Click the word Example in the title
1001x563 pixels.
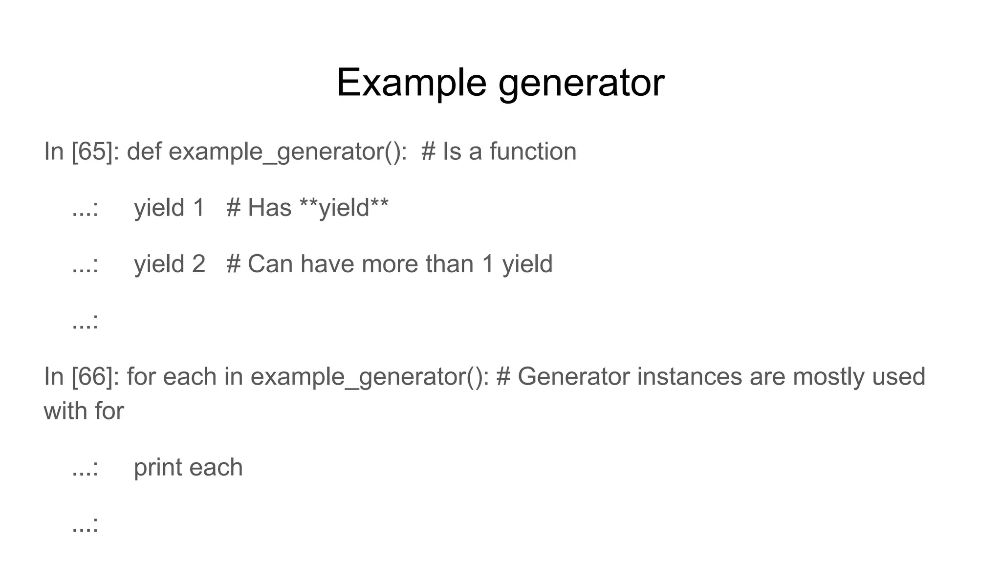(x=411, y=83)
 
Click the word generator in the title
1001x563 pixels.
(x=581, y=83)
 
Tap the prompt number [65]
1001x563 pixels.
(x=92, y=152)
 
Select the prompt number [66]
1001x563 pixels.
(x=92, y=377)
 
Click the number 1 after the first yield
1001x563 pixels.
(x=198, y=208)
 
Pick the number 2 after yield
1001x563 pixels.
(x=198, y=264)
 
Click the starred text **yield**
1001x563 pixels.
(x=344, y=208)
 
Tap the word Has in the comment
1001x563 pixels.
(x=269, y=208)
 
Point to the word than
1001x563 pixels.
(x=450, y=264)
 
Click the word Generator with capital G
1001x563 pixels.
(x=573, y=377)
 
